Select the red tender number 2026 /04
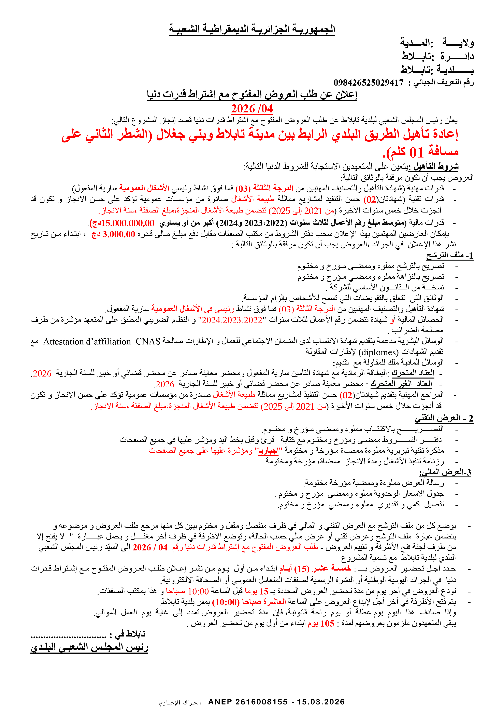click(252, 109)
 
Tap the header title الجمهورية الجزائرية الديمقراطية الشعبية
click(252, 29)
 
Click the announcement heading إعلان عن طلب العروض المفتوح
click(252, 94)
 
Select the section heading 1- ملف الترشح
click(449, 256)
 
